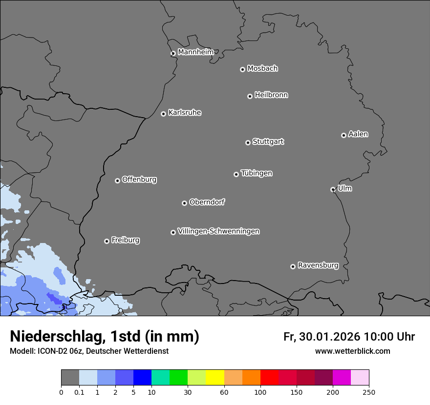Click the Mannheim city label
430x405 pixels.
click(x=195, y=52)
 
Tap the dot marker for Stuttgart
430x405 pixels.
click(x=248, y=142)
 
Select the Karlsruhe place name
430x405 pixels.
click(x=185, y=113)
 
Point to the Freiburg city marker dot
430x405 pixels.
click(x=107, y=241)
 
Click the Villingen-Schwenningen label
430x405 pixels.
click(x=218, y=231)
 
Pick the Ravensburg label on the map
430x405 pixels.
click(x=318, y=265)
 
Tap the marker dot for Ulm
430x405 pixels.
click(x=333, y=189)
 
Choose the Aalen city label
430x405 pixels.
click(x=358, y=134)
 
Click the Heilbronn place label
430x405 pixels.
click(x=271, y=95)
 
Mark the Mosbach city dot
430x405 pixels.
click(x=242, y=69)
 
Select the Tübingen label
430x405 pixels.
click(x=257, y=173)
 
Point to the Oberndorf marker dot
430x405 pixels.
click(x=184, y=203)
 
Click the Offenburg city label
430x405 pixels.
click(x=139, y=180)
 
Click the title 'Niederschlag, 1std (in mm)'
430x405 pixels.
click(x=105, y=336)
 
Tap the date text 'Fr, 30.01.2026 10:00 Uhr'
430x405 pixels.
click(x=349, y=337)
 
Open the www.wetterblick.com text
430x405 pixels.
click(x=352, y=351)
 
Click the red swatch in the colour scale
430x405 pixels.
click(x=269, y=378)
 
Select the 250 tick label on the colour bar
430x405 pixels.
click(x=368, y=392)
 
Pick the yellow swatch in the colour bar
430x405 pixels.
click(x=215, y=378)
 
